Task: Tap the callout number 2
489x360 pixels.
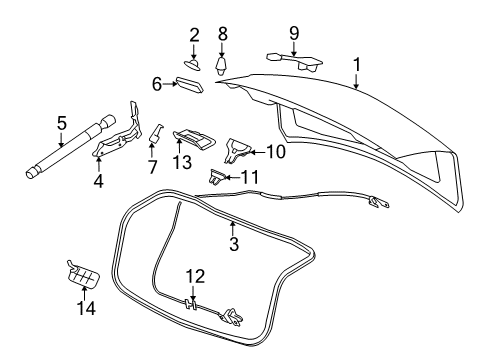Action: click(x=194, y=37)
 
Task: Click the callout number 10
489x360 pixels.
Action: click(x=276, y=152)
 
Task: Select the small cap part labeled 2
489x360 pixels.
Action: click(x=194, y=65)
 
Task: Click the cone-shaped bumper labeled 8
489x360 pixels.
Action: click(x=223, y=66)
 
